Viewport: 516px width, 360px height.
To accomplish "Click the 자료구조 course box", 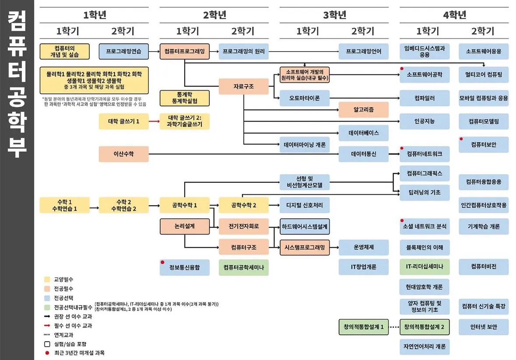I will (x=244, y=86).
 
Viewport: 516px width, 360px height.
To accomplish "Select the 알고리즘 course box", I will (x=363, y=109).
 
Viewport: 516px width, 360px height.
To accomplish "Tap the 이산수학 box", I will (x=123, y=154).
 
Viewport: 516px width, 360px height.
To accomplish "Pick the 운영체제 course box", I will (x=363, y=247).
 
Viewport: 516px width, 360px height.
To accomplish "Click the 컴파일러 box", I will (x=424, y=98).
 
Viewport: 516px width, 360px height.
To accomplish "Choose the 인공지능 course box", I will (x=424, y=121).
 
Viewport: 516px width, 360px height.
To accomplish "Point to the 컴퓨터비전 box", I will (x=484, y=266).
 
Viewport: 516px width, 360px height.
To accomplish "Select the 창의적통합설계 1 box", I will (x=363, y=327).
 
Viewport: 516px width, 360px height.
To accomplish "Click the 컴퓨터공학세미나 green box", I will (x=243, y=267).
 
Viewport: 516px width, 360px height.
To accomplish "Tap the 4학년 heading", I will (x=454, y=15).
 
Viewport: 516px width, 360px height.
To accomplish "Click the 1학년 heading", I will (x=95, y=15).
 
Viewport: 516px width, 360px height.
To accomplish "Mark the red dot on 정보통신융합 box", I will (x=162, y=262).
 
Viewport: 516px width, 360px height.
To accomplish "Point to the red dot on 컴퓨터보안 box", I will (x=461, y=139).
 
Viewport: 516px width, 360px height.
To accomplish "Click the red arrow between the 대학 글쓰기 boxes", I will (x=154, y=121).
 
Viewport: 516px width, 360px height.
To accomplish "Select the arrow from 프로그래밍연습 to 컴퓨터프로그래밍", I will (x=154, y=51).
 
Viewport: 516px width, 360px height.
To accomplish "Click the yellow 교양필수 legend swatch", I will (x=46, y=279).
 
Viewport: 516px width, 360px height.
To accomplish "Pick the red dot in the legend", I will (x=46, y=353).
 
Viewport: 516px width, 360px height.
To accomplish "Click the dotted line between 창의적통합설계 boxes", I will (x=394, y=327).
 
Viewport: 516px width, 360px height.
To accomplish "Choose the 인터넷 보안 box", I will (x=484, y=327).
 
